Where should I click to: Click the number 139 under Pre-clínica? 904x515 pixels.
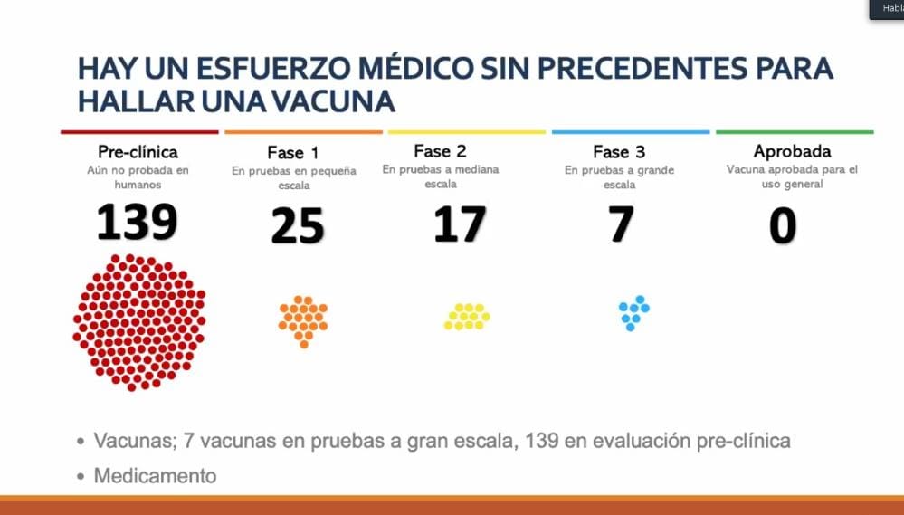(137, 223)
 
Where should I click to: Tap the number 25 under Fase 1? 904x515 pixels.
(298, 226)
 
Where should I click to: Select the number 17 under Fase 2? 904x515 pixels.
(460, 225)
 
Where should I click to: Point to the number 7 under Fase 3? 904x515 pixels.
(620, 224)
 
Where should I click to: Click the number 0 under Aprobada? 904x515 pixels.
(782, 225)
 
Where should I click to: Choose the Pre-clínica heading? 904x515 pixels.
(138, 152)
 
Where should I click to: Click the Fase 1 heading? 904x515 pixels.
(292, 153)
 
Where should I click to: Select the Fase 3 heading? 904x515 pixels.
(618, 152)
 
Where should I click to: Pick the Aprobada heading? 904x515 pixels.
(792, 151)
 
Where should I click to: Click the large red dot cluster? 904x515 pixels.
(138, 322)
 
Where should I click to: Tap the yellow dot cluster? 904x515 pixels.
(467, 316)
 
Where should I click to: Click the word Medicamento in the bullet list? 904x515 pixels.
(155, 475)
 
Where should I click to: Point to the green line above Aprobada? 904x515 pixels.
(795, 132)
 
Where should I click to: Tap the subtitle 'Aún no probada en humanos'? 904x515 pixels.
(138, 177)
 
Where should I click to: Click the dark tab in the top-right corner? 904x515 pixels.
(887, 9)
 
